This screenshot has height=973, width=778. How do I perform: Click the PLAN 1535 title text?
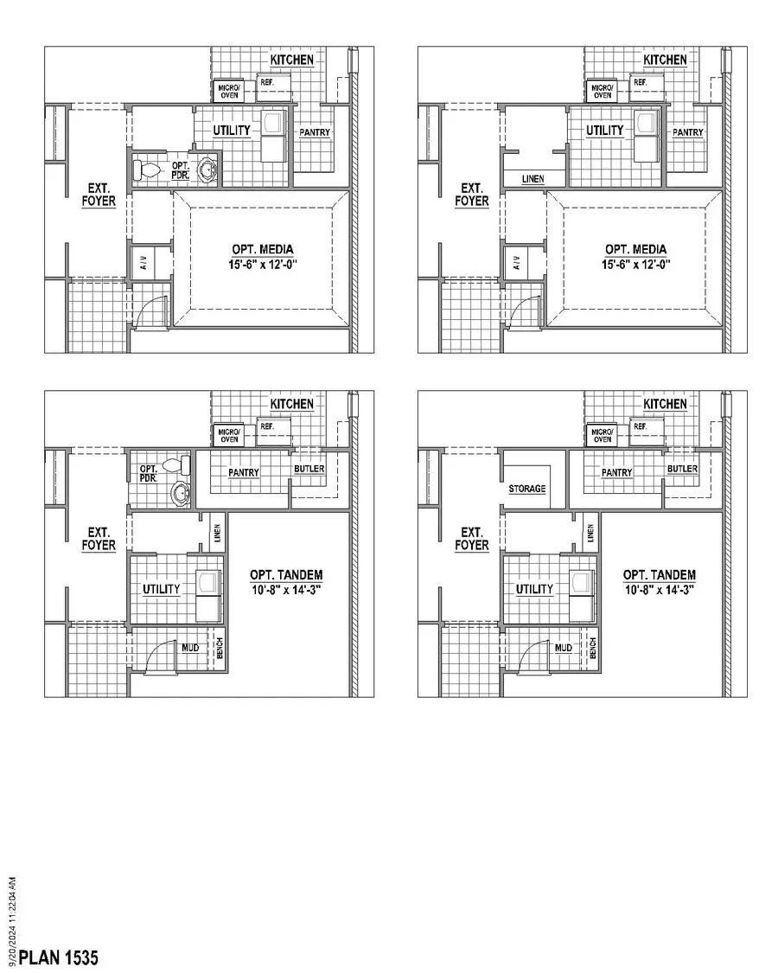point(59,957)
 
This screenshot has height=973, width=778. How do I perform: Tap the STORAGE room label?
point(527,489)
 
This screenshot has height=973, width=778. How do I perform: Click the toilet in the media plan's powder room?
point(148,170)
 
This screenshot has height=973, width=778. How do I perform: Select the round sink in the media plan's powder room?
point(207,170)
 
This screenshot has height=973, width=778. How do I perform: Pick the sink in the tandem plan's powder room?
point(181,493)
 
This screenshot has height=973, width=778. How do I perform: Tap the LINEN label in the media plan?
point(533,179)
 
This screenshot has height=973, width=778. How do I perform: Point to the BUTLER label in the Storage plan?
point(682,469)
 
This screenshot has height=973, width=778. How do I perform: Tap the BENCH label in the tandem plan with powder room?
point(220,647)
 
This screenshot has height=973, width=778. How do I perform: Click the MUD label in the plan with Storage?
point(564,647)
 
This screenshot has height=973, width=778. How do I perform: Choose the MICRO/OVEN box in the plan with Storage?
point(603,435)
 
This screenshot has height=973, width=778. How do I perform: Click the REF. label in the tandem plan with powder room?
point(266,426)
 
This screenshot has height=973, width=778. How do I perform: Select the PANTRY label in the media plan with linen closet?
point(688,132)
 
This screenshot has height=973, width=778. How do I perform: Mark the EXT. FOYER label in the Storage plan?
point(473,539)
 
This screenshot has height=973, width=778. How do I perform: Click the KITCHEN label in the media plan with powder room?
point(291,60)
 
